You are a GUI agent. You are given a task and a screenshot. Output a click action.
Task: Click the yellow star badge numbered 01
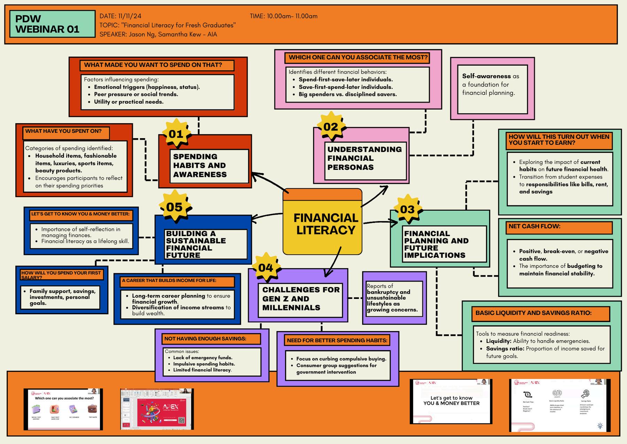click(x=176, y=134)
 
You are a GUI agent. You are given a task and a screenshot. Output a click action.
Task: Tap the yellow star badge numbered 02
click(x=331, y=126)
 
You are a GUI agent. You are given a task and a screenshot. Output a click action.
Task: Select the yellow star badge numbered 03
click(x=407, y=209)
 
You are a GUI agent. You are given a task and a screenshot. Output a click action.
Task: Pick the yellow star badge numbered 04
click(x=266, y=268)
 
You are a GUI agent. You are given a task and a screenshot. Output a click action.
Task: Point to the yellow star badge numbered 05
click(x=175, y=207)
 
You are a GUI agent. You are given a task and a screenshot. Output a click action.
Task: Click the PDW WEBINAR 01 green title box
click(x=52, y=24)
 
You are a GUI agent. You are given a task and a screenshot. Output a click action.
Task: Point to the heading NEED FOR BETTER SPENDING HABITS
click(x=337, y=340)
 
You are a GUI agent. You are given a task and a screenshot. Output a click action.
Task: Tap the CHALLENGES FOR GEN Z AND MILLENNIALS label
click(x=300, y=299)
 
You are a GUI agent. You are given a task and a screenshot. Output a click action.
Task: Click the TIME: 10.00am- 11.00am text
click(x=284, y=16)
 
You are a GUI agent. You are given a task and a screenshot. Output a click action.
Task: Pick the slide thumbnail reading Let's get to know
click(x=451, y=401)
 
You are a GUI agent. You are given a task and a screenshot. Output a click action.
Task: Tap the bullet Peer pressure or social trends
click(x=136, y=94)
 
